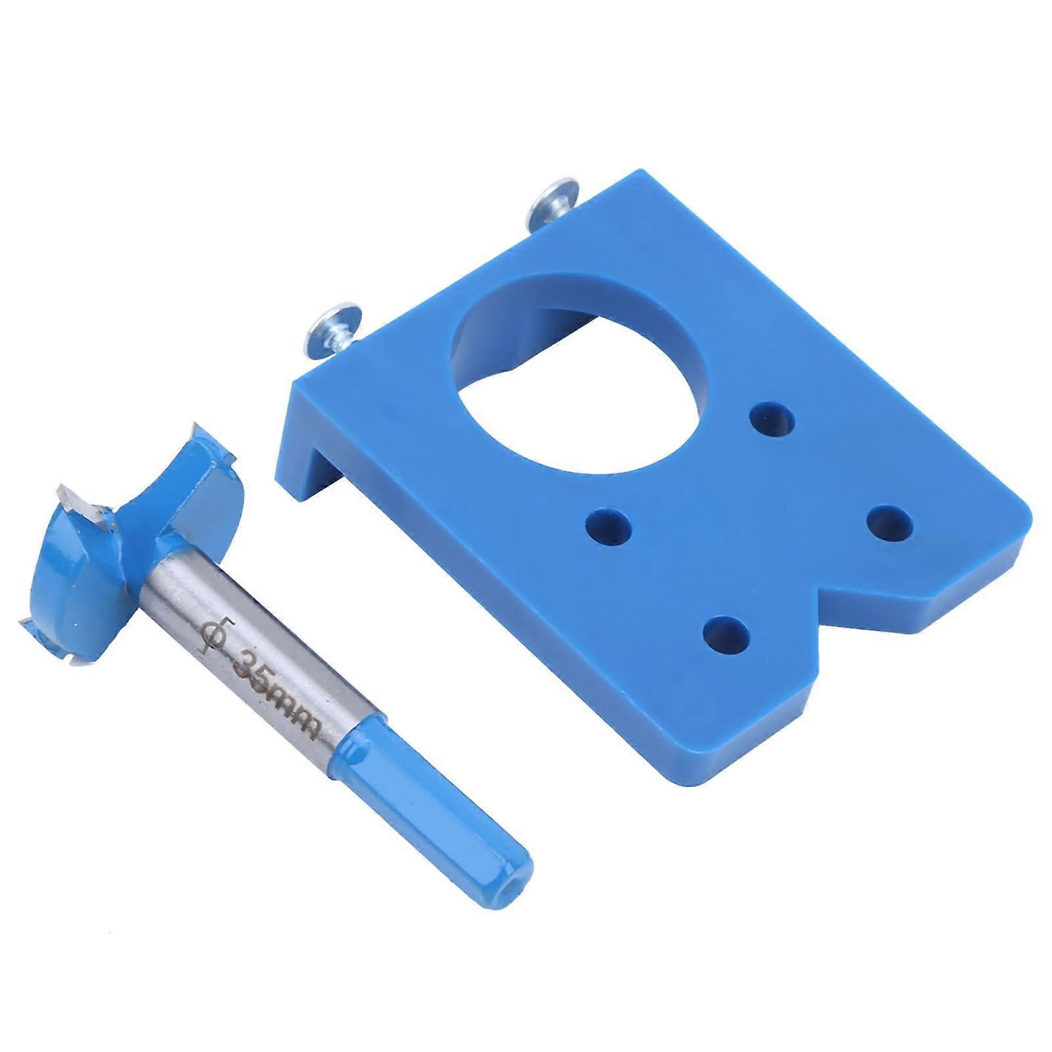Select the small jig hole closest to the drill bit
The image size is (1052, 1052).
[x=608, y=526]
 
